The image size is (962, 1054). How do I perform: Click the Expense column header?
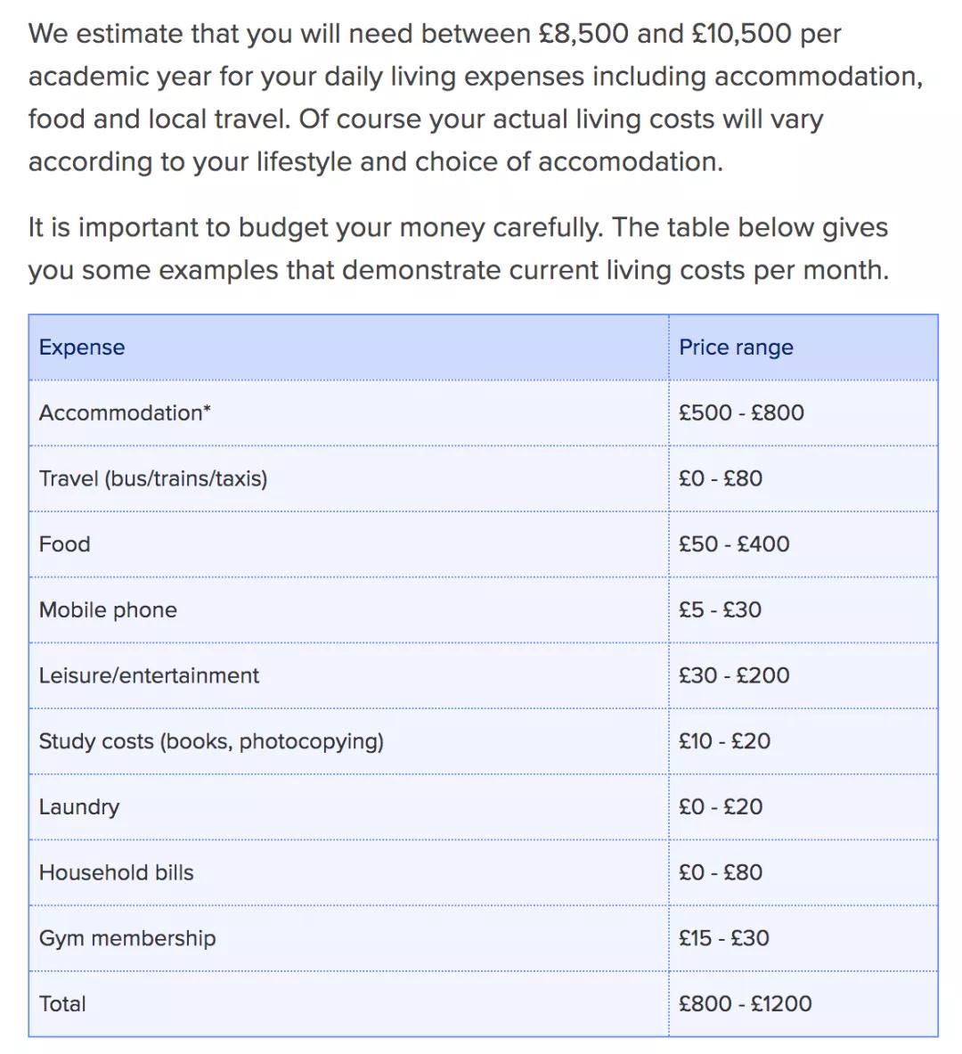(82, 347)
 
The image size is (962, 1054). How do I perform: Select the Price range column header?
(736, 347)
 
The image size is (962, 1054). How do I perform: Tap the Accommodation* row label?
(125, 413)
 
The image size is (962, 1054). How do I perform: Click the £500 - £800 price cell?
(741, 413)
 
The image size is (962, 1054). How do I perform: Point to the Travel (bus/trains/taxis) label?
(153, 478)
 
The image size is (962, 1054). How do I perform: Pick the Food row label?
(64, 544)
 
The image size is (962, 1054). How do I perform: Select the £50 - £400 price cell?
(734, 544)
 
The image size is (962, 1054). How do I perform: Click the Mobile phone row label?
(108, 610)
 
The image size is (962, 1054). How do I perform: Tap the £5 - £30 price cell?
(720, 610)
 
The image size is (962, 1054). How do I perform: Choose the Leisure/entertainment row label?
(149, 675)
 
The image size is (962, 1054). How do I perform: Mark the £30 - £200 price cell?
(734, 675)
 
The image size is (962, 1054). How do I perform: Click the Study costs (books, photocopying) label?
(211, 741)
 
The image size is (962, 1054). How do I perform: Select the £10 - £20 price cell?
(724, 741)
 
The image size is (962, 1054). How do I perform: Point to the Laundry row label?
(79, 807)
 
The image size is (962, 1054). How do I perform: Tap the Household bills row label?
(116, 872)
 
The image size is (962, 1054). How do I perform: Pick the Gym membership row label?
(127, 938)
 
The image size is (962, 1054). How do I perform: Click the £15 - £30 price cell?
(723, 938)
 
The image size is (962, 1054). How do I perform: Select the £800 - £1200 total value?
(745, 1004)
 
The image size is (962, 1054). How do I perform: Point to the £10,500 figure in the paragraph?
(741, 34)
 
